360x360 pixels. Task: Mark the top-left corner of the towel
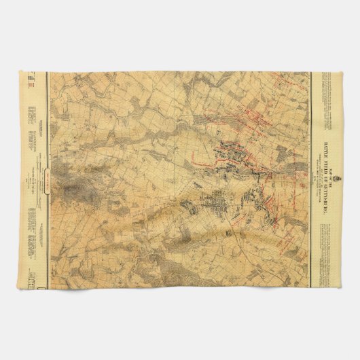click(26, 72)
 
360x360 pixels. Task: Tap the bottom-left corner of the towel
click(26, 288)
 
